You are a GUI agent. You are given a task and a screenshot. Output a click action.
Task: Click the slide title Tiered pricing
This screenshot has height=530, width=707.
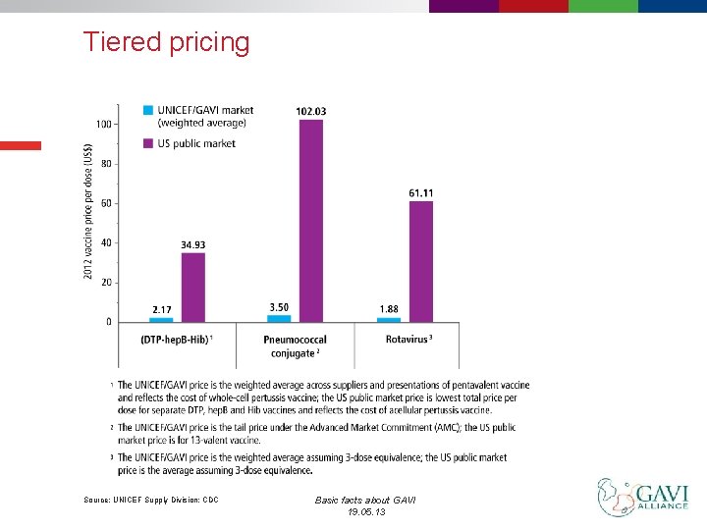coord(166,42)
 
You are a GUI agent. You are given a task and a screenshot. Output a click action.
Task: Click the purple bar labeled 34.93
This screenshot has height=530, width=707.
coord(193,288)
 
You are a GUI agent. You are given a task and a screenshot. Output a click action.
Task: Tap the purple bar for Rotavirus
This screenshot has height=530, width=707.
coord(421,261)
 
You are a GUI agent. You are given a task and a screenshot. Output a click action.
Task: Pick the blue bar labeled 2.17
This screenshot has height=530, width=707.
coord(161,319)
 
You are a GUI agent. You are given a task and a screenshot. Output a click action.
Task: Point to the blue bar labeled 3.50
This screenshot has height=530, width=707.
coord(279,318)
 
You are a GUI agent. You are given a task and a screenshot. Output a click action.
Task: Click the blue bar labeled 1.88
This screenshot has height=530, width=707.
coord(389,319)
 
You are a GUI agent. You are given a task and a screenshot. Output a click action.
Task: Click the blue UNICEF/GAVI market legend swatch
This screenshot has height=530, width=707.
coord(148,110)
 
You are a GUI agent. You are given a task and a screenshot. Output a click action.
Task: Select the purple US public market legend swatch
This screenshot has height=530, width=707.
coord(148,143)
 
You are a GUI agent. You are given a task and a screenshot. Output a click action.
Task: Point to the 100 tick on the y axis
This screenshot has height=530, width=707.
coord(103,124)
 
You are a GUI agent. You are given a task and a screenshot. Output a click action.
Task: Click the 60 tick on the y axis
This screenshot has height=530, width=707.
coord(105,203)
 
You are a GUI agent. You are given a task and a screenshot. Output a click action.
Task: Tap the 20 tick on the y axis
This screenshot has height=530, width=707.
coord(105,283)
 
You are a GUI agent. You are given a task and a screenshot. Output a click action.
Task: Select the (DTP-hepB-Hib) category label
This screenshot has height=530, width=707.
coord(178,340)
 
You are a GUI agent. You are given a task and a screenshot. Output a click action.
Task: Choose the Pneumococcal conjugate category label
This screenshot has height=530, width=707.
coord(295,345)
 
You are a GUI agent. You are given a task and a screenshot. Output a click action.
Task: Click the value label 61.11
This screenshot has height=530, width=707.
coord(421,193)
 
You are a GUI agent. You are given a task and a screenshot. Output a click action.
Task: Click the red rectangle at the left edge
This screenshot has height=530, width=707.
coord(21,145)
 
